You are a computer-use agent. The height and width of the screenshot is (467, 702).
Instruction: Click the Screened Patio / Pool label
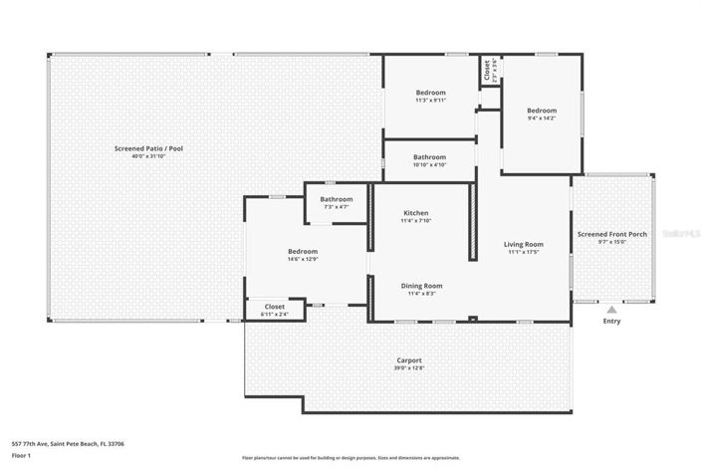(148, 148)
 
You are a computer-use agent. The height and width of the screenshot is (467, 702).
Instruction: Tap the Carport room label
(409, 359)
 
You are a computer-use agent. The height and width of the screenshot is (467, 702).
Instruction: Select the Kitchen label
(416, 213)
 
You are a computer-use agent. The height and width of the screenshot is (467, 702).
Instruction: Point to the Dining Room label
(421, 286)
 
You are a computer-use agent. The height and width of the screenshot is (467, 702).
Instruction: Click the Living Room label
(523, 244)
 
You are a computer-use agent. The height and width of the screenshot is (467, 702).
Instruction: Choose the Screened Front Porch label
(611, 234)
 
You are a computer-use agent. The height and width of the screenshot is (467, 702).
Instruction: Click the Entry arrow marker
(611, 311)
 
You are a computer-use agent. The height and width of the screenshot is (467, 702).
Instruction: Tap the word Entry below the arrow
(611, 322)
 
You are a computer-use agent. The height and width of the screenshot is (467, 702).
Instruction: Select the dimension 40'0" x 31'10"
(148, 156)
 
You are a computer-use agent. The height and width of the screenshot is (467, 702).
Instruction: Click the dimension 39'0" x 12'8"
(409, 367)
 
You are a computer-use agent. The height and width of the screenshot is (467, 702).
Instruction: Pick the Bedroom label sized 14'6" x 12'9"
(303, 251)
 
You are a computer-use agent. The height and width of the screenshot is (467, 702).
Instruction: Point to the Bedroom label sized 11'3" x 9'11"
(430, 93)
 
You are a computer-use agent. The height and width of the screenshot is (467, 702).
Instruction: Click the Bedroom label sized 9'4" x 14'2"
(542, 111)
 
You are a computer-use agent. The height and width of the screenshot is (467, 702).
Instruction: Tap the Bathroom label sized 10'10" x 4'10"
(430, 156)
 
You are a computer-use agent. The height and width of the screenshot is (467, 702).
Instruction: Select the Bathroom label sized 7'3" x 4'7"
(337, 199)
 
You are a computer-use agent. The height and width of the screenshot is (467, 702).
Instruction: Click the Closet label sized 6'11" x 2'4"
(275, 307)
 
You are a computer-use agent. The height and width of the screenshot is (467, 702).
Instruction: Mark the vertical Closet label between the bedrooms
(487, 70)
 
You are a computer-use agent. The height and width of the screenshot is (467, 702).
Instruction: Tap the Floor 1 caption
(22, 455)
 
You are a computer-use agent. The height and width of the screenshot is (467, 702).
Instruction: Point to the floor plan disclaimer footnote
(351, 457)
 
